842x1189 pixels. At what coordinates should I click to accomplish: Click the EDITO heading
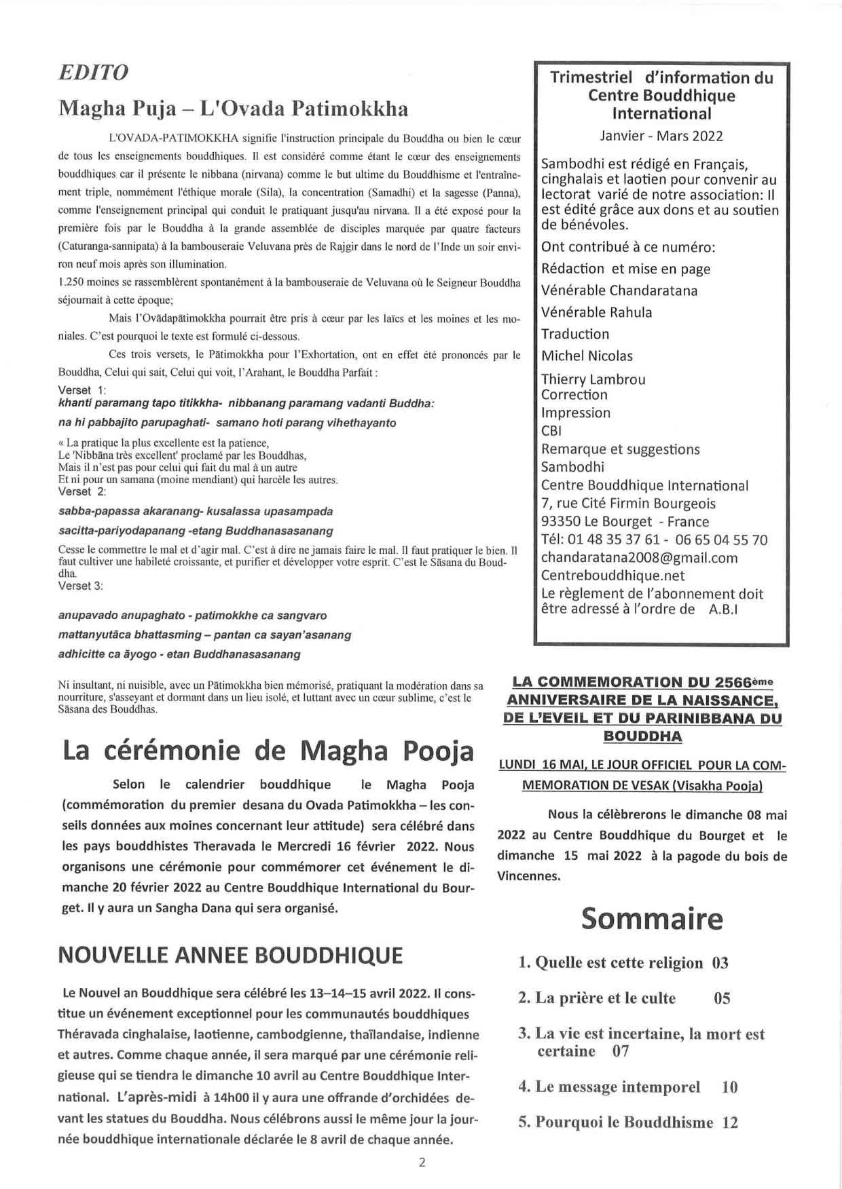click(x=94, y=73)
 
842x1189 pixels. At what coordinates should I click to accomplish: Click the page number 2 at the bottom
click(x=422, y=1162)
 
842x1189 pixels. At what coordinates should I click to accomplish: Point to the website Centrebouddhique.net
click(x=612, y=575)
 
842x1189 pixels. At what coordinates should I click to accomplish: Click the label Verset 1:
click(x=82, y=390)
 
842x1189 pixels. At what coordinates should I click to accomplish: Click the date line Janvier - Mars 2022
click(x=661, y=136)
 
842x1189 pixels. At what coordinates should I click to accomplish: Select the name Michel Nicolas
click(x=587, y=356)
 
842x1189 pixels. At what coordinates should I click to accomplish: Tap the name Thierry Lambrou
click(x=593, y=379)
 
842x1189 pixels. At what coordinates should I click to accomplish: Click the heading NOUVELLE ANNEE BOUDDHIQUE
click(x=230, y=955)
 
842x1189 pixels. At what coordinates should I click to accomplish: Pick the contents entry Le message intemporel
click(x=618, y=1087)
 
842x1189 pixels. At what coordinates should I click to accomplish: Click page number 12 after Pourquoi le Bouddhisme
click(x=730, y=1122)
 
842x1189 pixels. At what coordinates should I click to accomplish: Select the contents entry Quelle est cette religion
click(x=610, y=962)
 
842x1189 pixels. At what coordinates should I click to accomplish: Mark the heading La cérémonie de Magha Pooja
click(x=268, y=751)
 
